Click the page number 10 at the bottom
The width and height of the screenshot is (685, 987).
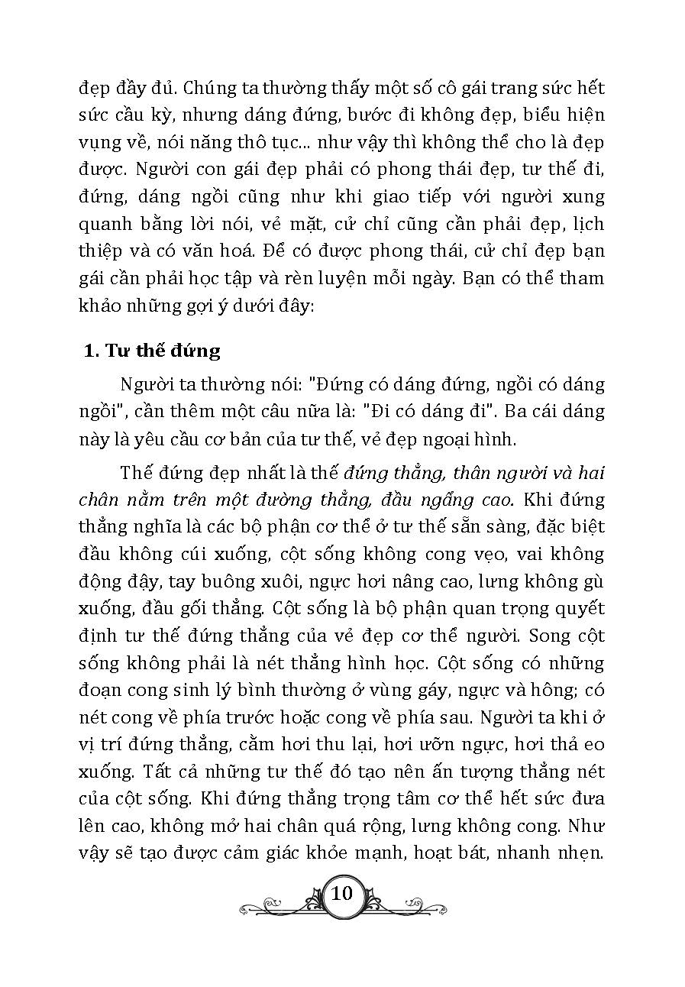click(343, 893)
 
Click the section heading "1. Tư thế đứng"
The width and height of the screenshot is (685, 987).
click(152, 351)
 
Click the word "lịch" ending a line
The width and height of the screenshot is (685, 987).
click(587, 225)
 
